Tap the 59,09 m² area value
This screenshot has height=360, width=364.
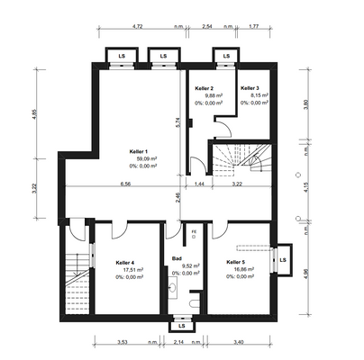[143, 158]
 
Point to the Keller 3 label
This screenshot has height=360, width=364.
[250, 88]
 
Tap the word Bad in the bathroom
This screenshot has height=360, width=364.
[177, 259]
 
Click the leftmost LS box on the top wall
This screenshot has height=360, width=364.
[122, 57]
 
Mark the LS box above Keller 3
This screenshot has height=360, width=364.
[223, 57]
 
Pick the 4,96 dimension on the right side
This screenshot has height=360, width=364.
[306, 274]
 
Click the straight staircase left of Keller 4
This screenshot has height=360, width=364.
[76, 286]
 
